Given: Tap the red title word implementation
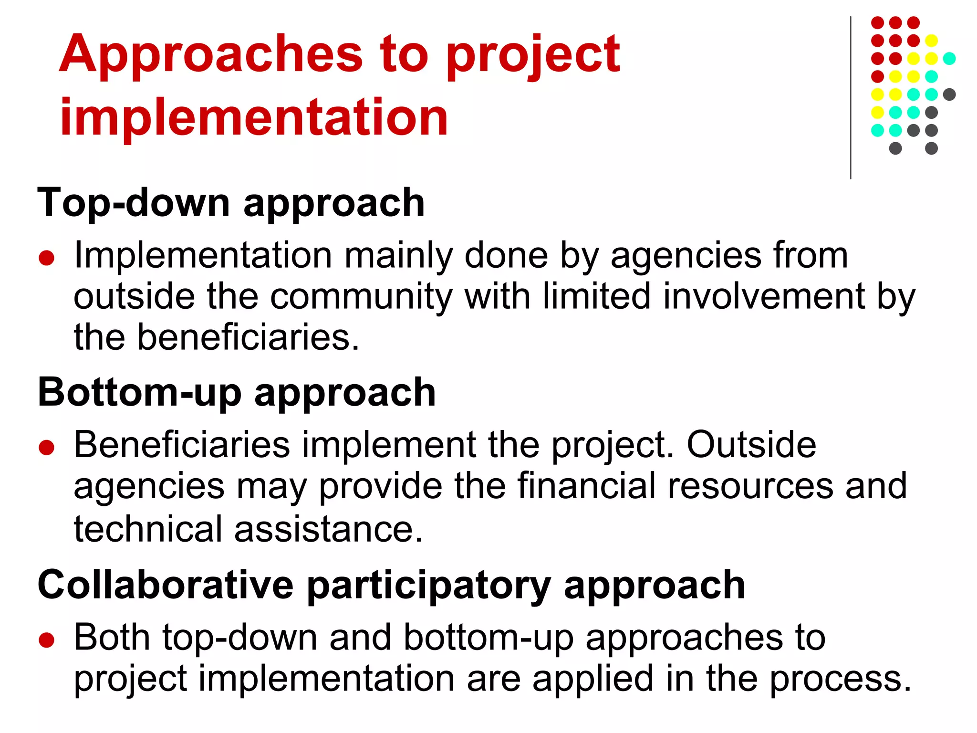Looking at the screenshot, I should click(x=254, y=117).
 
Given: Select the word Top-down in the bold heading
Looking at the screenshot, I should click(x=134, y=203).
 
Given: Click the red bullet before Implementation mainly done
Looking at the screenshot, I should click(x=47, y=258).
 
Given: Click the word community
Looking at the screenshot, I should click(x=361, y=297).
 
